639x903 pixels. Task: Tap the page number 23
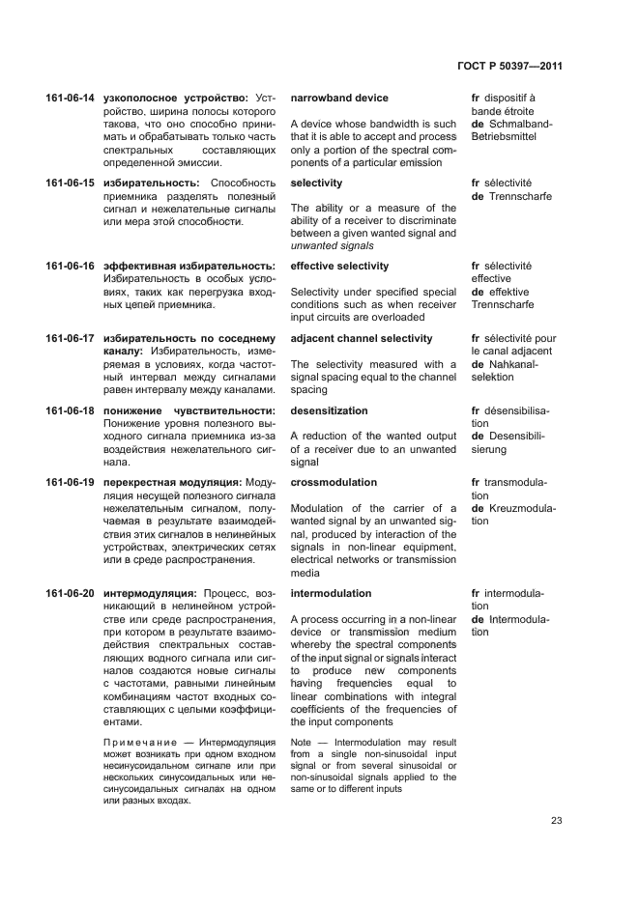556,821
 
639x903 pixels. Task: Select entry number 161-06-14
70,99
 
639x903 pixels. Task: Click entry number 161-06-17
70,339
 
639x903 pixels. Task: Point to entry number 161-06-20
70,594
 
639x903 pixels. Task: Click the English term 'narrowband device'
339,99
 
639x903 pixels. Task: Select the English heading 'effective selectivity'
339,267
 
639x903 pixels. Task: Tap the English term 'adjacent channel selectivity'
362,339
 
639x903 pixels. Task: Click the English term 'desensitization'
329,411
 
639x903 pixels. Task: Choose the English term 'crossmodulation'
334,483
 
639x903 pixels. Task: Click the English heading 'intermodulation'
331,594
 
